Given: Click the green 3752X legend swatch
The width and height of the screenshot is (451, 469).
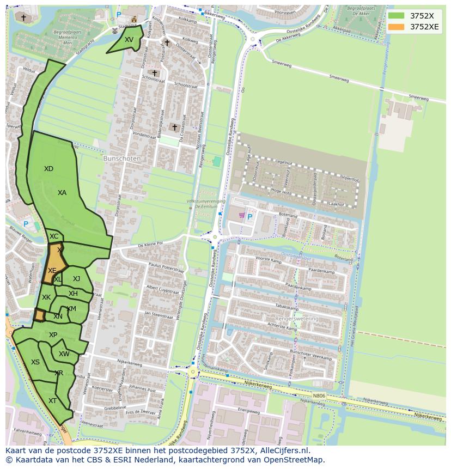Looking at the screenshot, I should (397, 16).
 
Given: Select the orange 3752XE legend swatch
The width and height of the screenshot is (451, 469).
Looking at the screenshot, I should (397, 27).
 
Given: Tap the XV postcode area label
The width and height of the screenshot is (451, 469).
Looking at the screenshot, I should (129, 40).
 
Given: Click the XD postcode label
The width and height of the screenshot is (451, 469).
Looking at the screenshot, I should (48, 169).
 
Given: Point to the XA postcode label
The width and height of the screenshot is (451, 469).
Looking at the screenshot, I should (62, 193).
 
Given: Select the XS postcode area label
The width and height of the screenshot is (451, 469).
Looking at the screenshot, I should (35, 362).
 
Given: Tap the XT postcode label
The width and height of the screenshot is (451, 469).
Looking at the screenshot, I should (52, 401).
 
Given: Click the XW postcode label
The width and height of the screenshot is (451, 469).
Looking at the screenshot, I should (64, 354).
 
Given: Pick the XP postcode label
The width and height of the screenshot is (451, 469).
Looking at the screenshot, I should (53, 335).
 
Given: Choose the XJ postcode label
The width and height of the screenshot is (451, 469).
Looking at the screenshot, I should (76, 279).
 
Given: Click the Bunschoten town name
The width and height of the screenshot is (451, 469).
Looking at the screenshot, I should (122, 159).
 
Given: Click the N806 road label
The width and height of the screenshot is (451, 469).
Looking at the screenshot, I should (319, 397).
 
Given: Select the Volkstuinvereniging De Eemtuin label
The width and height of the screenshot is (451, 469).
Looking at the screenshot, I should (206, 204).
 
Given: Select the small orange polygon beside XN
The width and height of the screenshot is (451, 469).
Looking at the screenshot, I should (40, 315).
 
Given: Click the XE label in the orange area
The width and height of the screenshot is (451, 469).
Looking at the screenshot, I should (52, 271).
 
